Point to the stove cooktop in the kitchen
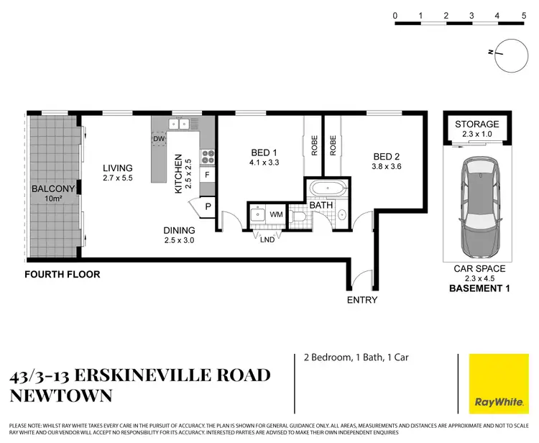pos(208,155)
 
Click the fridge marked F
pos(208,174)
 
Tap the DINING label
pos(180,231)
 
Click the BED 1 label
pos(264,152)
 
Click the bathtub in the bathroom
pos(327,191)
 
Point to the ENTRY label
pos(361,300)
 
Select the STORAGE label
pos(477,124)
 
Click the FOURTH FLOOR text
pos(62,274)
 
